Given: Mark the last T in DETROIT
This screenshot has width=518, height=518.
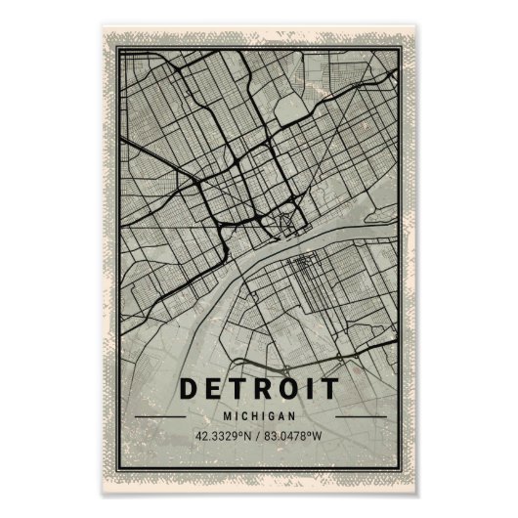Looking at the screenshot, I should point(324,390).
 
